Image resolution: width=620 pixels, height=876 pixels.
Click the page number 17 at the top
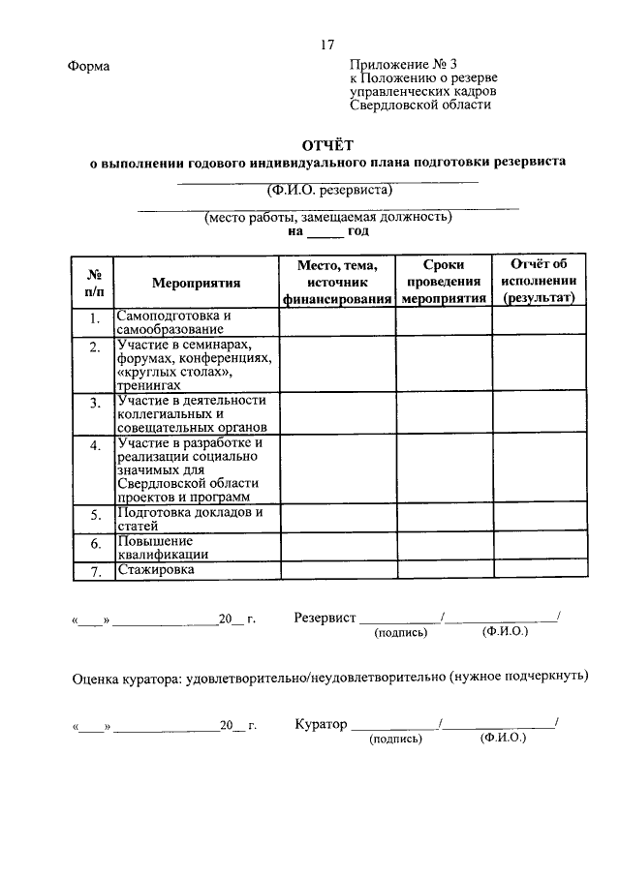point(328,45)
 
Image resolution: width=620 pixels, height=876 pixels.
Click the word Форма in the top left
point(89,66)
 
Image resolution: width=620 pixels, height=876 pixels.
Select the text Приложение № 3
point(395,65)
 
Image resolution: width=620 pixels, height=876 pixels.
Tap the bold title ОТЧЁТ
point(328,144)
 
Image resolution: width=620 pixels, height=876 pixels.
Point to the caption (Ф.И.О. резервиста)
point(329,189)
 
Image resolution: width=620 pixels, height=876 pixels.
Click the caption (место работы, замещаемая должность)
point(328,218)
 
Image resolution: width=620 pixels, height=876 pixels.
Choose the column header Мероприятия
point(196,283)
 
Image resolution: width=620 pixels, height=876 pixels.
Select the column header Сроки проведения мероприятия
point(444,282)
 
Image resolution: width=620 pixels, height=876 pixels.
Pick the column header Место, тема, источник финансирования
point(336,282)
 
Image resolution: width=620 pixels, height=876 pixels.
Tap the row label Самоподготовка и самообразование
point(174,322)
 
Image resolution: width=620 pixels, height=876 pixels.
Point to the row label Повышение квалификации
point(163,547)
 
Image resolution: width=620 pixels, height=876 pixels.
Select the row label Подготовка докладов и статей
point(189,518)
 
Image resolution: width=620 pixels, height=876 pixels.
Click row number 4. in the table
point(94,445)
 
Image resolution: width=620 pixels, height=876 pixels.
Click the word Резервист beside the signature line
point(325,618)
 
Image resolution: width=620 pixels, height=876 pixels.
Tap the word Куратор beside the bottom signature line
point(320,723)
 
